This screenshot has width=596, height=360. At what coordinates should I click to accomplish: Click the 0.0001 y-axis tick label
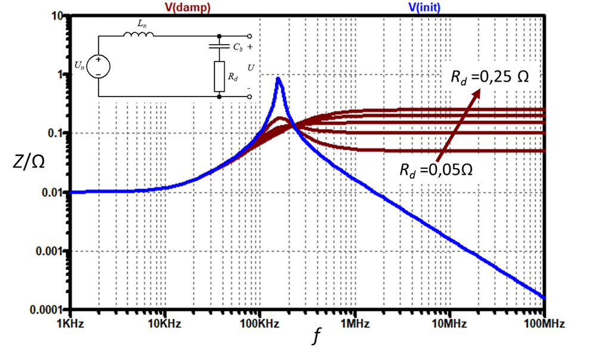point(47,310)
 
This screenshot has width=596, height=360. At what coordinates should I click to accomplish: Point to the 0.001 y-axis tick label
point(50,251)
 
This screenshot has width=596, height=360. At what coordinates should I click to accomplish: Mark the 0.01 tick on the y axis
point(52,193)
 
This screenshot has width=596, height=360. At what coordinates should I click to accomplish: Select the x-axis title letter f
point(316,338)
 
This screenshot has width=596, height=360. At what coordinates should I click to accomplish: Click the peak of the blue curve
point(278,78)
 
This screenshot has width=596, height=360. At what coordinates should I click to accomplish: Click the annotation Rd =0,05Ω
point(437,169)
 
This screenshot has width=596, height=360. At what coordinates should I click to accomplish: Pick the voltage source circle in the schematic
point(97,66)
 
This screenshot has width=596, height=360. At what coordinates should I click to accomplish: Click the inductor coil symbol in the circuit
point(138,35)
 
